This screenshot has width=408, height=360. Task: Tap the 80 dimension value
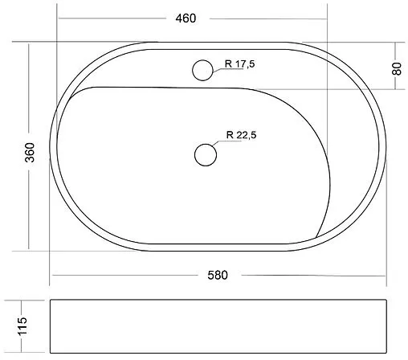396,69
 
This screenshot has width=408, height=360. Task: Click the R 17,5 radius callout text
239,65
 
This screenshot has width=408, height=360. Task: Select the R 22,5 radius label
241,135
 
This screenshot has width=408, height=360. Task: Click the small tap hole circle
203,71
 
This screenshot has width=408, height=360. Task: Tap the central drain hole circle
206,153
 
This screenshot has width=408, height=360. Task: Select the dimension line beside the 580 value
129,276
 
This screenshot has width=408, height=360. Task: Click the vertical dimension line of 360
30,96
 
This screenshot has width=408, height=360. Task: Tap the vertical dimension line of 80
396,48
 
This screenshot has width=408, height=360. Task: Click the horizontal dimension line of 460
120,18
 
